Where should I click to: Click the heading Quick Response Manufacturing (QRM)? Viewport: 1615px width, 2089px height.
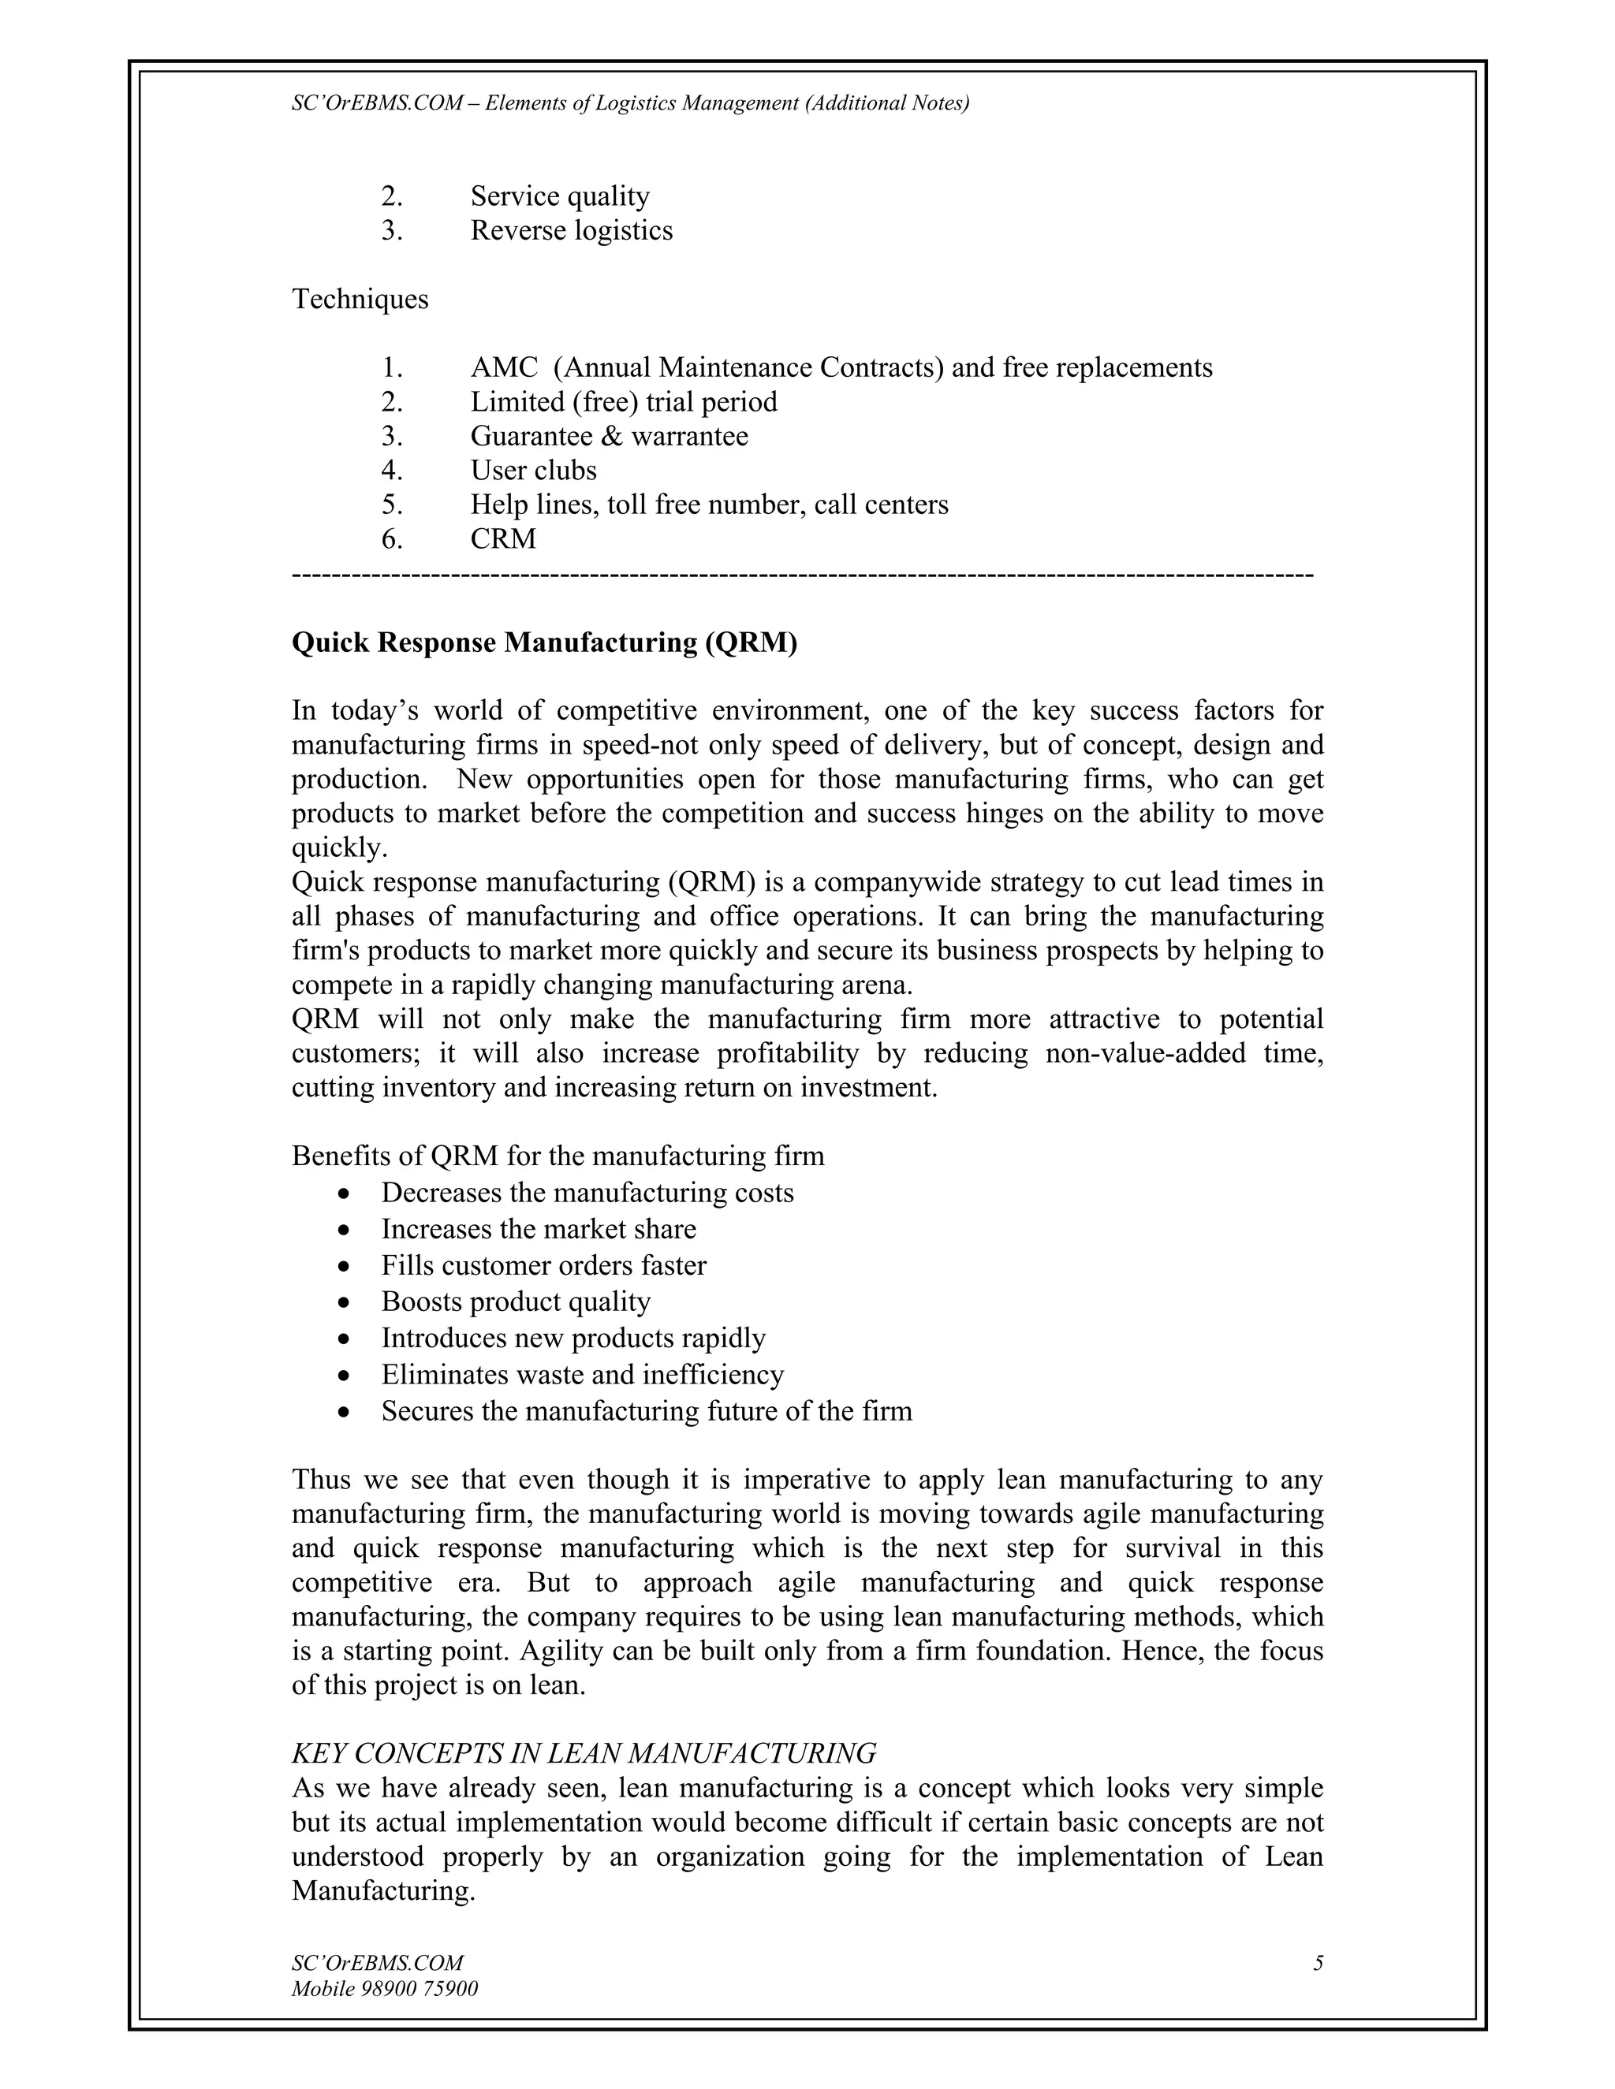tap(543, 642)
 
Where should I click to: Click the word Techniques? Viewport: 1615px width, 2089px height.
tap(360, 300)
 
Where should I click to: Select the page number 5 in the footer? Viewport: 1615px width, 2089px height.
tap(1318, 1964)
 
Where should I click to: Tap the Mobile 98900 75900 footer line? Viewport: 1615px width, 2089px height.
tap(385, 1990)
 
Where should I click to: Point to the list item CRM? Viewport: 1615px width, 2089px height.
tap(502, 539)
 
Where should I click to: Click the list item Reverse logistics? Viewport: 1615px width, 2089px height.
tap(571, 230)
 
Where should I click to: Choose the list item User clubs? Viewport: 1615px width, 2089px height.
tap(533, 471)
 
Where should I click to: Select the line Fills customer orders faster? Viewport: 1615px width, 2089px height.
tap(543, 1265)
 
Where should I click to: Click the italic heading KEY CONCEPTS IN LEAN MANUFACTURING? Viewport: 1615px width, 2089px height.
tap(584, 1753)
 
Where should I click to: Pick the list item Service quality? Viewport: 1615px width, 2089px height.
tap(560, 196)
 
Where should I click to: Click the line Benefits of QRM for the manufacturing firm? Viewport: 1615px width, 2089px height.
tap(558, 1156)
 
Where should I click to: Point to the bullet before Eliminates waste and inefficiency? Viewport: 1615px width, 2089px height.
tap(345, 1376)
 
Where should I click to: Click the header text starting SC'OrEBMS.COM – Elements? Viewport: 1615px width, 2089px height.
tap(629, 103)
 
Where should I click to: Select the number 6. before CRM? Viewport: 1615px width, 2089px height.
tap(391, 539)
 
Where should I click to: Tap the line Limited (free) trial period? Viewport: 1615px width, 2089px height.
tap(623, 402)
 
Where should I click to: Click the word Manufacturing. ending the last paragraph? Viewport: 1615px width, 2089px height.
tap(382, 1891)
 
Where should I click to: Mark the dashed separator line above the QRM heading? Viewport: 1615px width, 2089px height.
tap(802, 575)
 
